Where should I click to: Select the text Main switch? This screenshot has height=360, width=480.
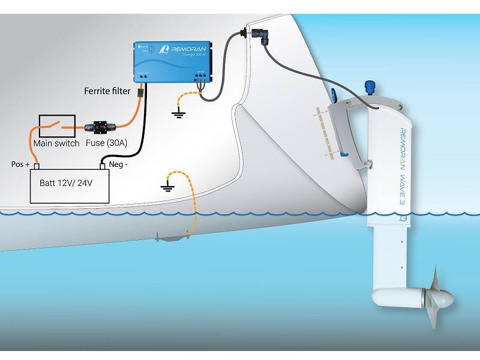point(56,143)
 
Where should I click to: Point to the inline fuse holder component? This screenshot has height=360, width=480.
point(102,127)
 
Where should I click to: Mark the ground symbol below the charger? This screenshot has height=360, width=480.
point(178,113)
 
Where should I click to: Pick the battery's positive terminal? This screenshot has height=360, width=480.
point(37,167)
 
